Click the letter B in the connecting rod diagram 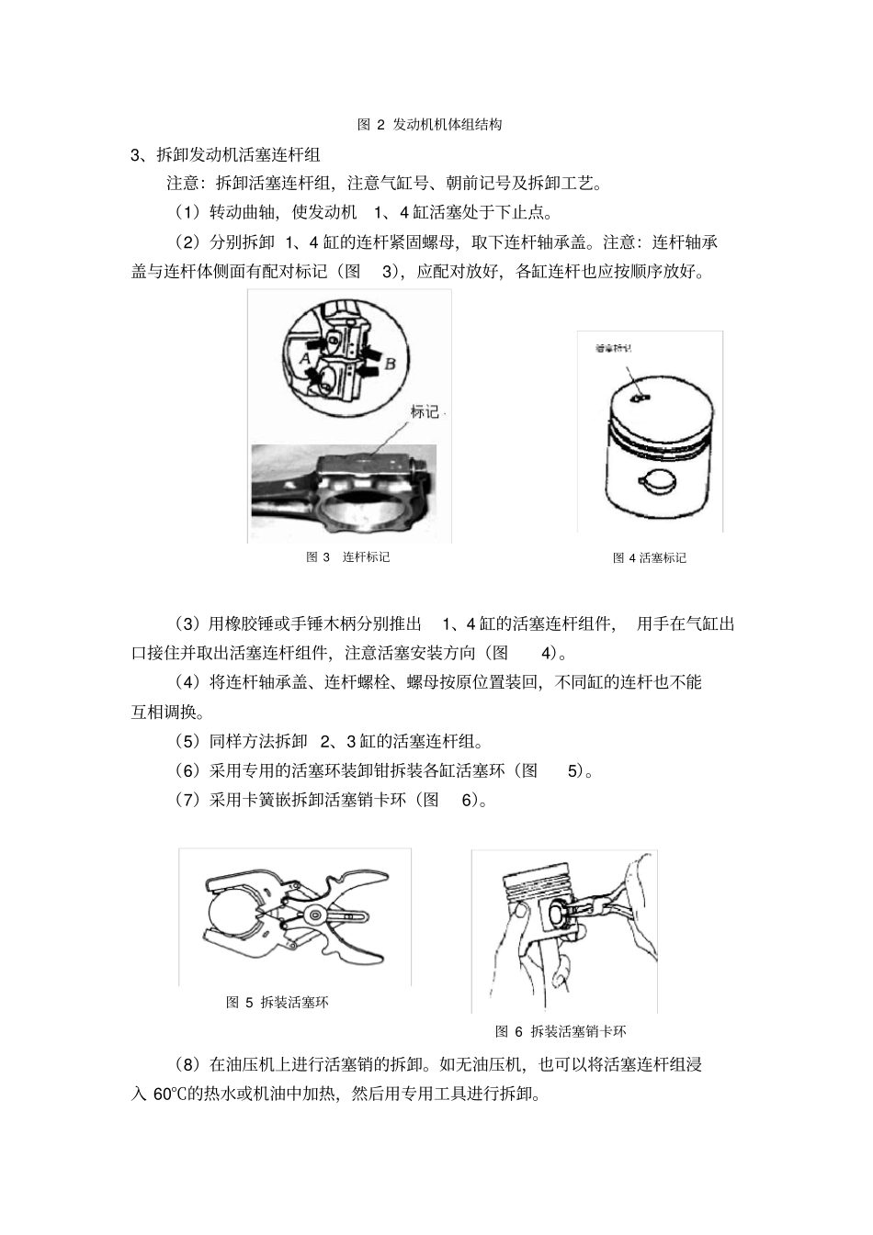pos(390,364)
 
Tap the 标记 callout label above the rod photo pos(425,411)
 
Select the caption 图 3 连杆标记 pos(347,556)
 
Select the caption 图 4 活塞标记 pos(650,557)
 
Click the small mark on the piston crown pos(642,398)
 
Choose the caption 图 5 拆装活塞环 pos(278,1002)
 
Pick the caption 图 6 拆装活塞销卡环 pos(561,1031)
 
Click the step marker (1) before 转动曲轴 pos(187,213)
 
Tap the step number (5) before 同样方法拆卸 pos(187,741)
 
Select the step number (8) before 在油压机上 pos(187,1065)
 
